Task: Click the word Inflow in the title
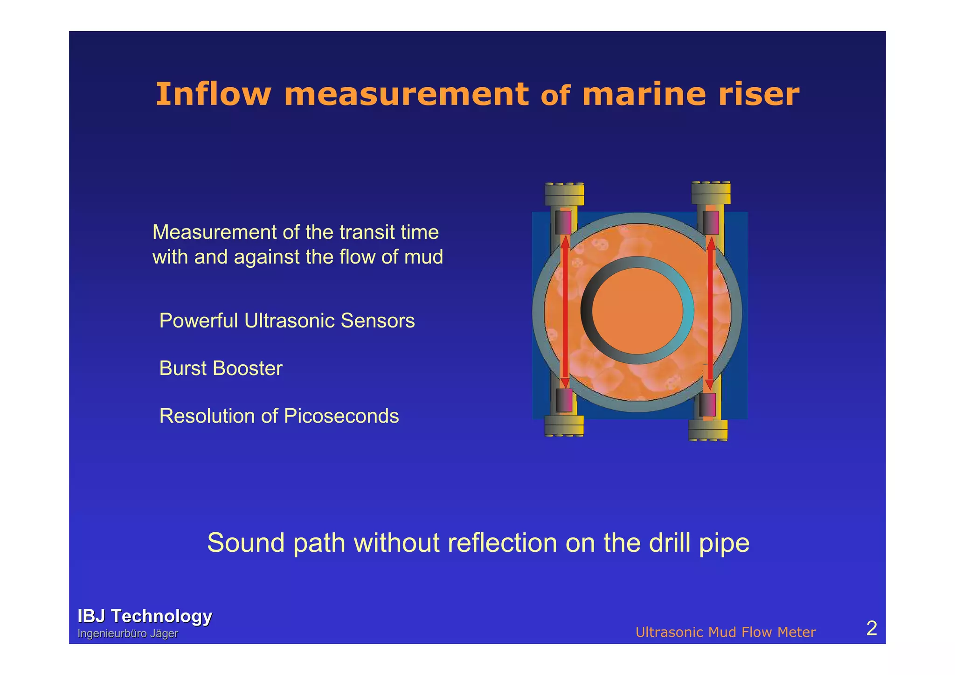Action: click(213, 94)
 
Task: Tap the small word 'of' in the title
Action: click(555, 96)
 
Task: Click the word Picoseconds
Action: click(341, 416)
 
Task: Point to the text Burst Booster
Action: click(221, 369)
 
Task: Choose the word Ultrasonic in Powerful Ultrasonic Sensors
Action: click(289, 321)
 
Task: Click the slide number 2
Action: click(871, 629)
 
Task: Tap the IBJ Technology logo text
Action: click(145, 616)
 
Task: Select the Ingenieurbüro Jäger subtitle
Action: click(128, 633)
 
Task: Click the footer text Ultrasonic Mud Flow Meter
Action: click(725, 632)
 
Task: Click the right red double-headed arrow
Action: click(710, 313)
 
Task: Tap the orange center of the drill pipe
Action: click(637, 311)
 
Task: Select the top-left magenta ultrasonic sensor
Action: click(563, 223)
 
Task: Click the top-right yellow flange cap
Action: click(711, 192)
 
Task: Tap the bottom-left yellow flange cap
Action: click(564, 425)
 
